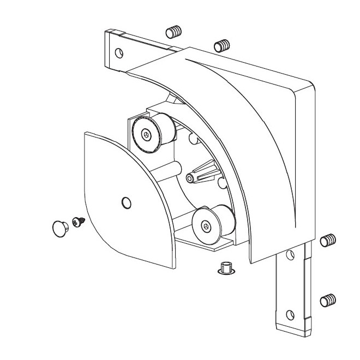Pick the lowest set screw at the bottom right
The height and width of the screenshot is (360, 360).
pos(327,299)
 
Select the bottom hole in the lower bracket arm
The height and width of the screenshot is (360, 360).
pos(290,314)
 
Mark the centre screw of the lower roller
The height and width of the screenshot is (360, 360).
pos(205,224)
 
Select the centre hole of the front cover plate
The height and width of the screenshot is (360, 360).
pos(126,203)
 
